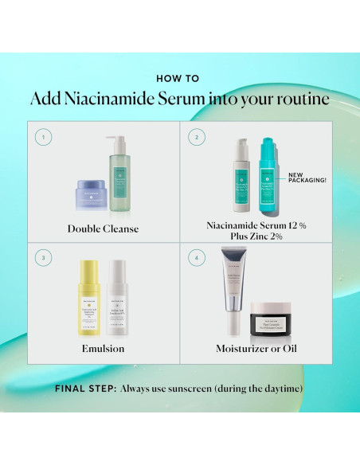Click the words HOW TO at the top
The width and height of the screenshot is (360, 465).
(x=179, y=78)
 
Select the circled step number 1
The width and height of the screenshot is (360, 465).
(x=44, y=137)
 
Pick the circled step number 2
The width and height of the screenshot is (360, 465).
(x=192, y=137)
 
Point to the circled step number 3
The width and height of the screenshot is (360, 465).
(x=44, y=257)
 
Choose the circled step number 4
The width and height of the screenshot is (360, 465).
(x=192, y=257)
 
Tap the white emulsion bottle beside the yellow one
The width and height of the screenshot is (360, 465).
(x=119, y=298)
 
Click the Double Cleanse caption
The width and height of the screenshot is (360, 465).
(x=104, y=229)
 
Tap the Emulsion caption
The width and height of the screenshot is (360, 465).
(x=104, y=349)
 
